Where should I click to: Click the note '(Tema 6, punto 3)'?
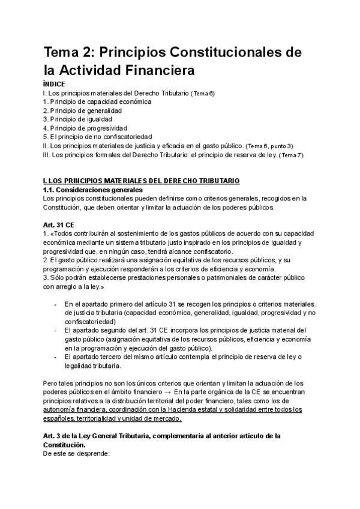[x=270, y=146]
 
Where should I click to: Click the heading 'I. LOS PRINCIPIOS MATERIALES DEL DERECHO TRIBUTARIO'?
[x=141, y=181]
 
